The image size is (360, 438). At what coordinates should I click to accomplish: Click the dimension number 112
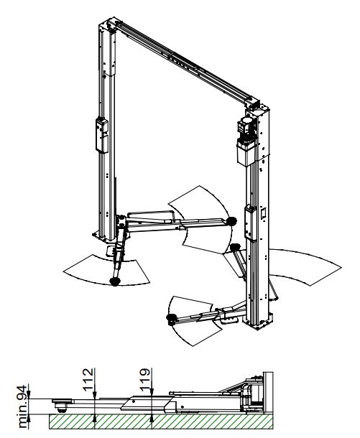point(88,379)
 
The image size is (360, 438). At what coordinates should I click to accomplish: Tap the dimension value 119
point(144,379)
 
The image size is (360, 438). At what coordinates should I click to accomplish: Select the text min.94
point(23,406)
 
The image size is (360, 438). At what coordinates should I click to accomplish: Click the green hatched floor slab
point(161,421)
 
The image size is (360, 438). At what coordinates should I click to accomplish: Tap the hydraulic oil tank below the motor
point(246,152)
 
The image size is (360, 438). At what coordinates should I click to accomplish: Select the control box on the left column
point(102,136)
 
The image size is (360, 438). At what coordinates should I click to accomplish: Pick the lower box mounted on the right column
point(251,223)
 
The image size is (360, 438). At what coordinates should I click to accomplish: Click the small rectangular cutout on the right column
point(263,213)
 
